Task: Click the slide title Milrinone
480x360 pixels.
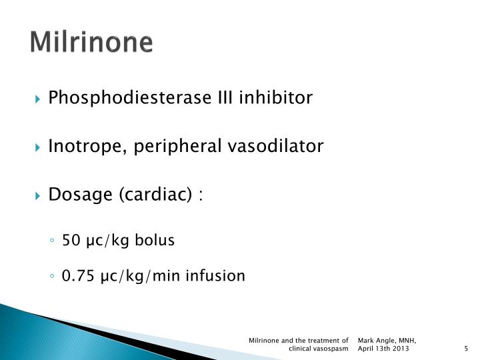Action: point(91,42)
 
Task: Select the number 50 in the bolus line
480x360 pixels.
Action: point(70,240)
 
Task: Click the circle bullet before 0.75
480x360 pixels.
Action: point(52,275)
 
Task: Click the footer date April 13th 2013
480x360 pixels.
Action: point(383,349)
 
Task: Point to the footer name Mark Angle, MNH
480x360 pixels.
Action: point(387,341)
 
